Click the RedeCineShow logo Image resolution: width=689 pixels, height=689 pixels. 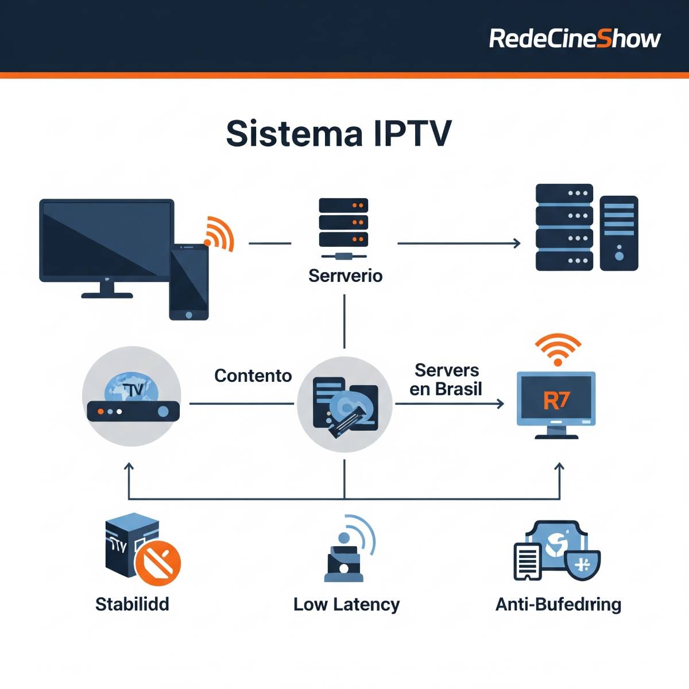(574, 38)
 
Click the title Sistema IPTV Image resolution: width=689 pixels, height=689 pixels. (339, 133)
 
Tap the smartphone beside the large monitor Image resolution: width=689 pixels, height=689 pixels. (189, 281)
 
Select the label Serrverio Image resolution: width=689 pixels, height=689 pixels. (345, 276)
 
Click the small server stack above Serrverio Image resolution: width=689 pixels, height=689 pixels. (343, 223)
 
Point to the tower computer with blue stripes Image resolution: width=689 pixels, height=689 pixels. (618, 233)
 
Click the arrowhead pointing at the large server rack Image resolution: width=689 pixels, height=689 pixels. (517, 243)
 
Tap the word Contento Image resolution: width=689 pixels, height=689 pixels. (253, 376)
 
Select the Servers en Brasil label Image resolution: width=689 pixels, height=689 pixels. (446, 380)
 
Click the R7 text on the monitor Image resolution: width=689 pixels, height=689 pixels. (556, 400)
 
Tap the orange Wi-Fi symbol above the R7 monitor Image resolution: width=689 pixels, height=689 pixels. (558, 348)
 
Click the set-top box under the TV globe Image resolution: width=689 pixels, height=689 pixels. (133, 411)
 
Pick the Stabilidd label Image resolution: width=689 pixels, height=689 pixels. (132, 604)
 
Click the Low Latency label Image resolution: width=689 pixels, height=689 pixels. (346, 604)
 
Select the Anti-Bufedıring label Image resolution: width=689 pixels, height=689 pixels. (558, 604)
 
